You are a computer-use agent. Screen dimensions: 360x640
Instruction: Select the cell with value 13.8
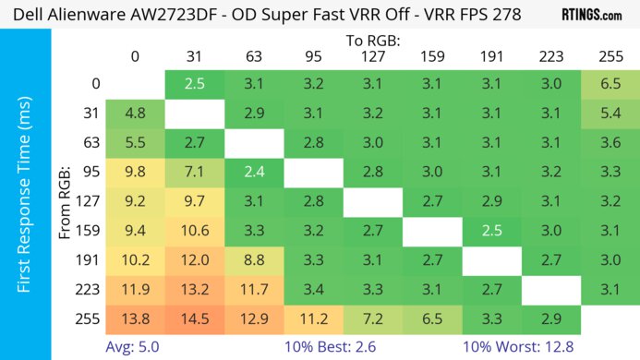point(135,318)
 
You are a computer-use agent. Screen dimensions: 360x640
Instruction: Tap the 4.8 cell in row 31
point(135,115)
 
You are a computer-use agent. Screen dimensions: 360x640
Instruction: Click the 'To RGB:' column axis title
point(372,41)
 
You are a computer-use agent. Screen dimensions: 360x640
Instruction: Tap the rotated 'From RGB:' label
point(66,200)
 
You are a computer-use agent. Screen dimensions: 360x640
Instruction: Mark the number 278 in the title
point(501,16)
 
